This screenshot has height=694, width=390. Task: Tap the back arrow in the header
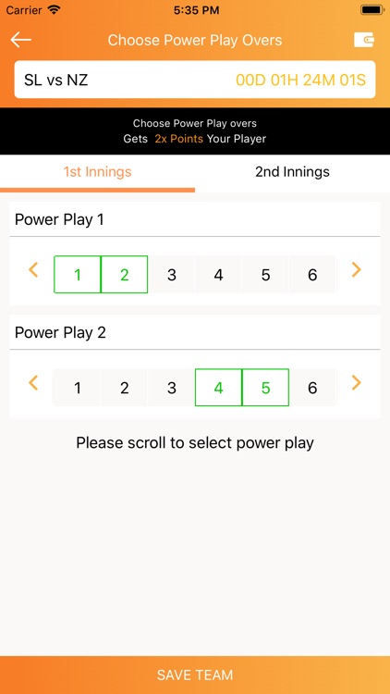pyautogui.click(x=21, y=40)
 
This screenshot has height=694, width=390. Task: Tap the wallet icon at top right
pyautogui.click(x=363, y=40)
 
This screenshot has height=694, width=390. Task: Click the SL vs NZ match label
pyautogui.click(x=56, y=81)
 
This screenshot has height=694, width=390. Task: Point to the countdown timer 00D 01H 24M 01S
pyautogui.click(x=300, y=81)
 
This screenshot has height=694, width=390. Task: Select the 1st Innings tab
pyautogui.click(x=97, y=172)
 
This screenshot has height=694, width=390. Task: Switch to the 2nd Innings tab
pyautogui.click(x=292, y=172)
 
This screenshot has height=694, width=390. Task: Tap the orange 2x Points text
pyautogui.click(x=178, y=139)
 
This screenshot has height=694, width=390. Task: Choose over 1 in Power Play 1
pyautogui.click(x=78, y=275)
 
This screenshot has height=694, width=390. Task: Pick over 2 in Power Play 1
pyautogui.click(x=125, y=275)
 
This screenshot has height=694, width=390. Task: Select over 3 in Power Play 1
pyautogui.click(x=172, y=275)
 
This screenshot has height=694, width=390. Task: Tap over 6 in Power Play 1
pyautogui.click(x=312, y=275)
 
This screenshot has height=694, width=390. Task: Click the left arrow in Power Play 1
pyautogui.click(x=33, y=270)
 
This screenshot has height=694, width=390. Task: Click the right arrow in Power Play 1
pyautogui.click(x=357, y=270)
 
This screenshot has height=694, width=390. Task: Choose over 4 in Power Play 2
pyautogui.click(x=218, y=388)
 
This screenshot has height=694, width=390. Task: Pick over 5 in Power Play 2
pyautogui.click(x=265, y=388)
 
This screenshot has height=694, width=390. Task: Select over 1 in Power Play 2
pyautogui.click(x=78, y=388)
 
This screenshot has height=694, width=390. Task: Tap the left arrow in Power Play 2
pyautogui.click(x=33, y=383)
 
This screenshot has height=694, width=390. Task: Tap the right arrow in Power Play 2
pyautogui.click(x=357, y=383)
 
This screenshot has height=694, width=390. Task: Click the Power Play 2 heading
pyautogui.click(x=60, y=332)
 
